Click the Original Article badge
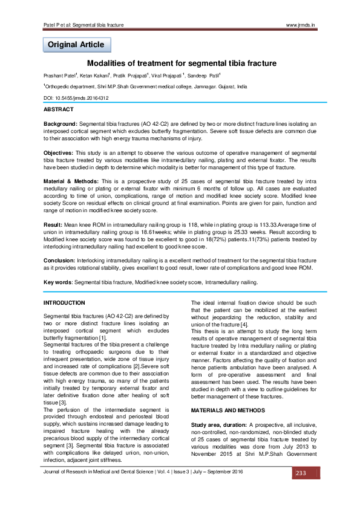(76, 45)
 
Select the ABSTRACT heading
(59, 109)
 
